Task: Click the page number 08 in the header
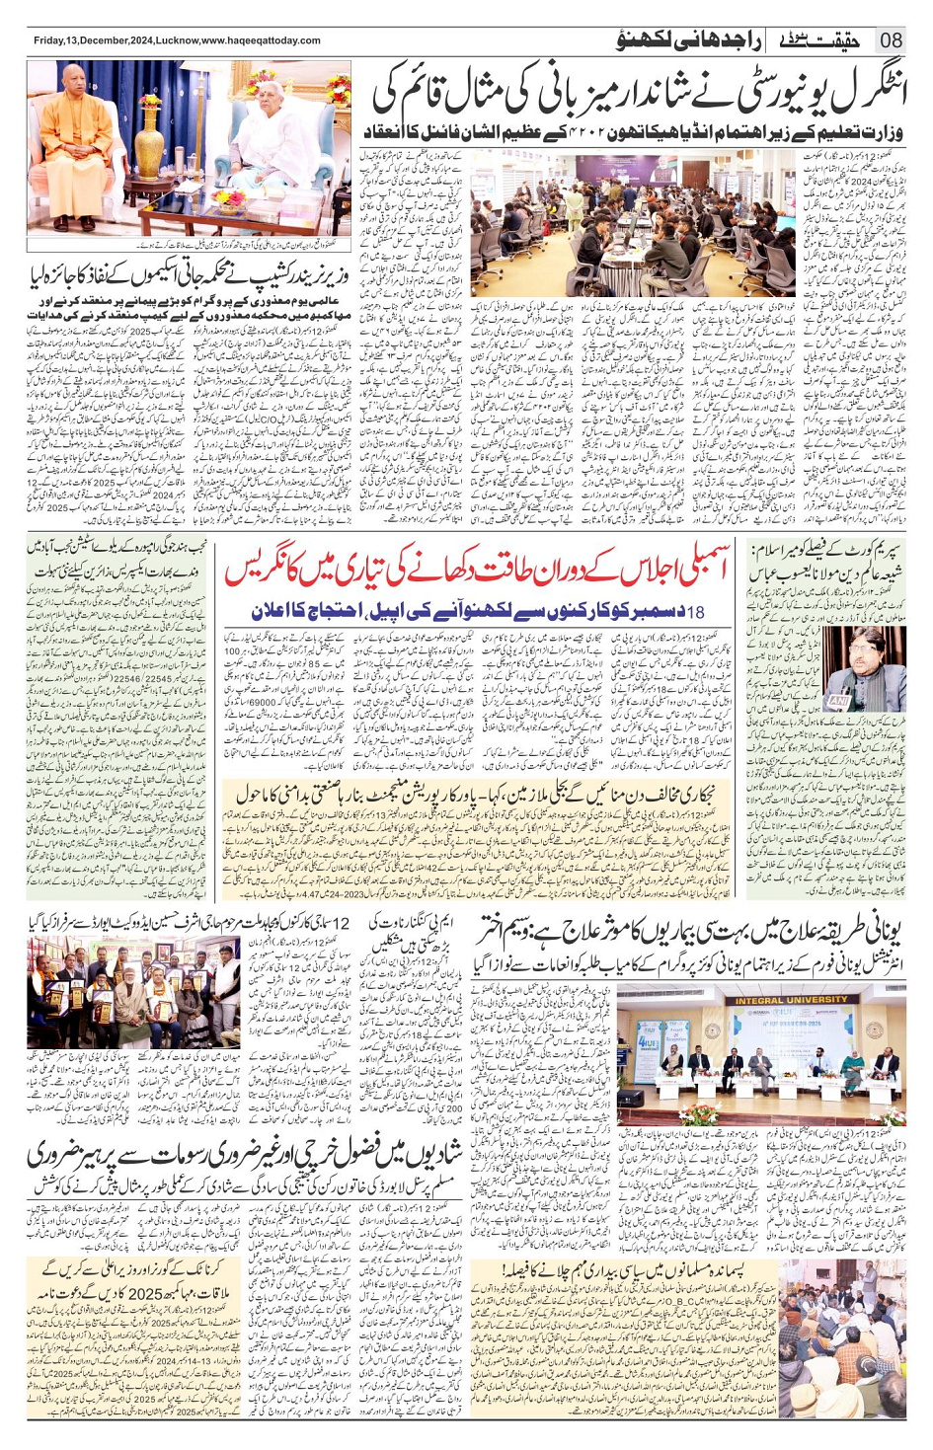coord(890,40)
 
